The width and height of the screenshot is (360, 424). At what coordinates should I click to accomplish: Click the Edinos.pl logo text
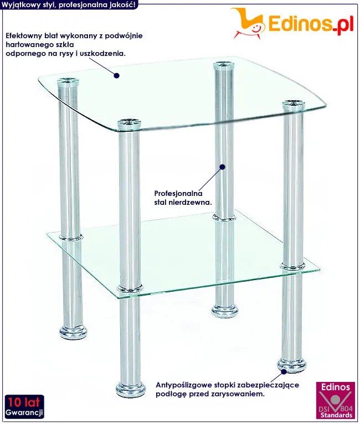coord(311,24)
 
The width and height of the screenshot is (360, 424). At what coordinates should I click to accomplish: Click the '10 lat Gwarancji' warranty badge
coord(24,406)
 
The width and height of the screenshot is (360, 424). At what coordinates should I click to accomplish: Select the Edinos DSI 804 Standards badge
coord(336,400)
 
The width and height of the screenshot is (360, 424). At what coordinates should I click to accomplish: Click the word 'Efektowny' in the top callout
coord(23,35)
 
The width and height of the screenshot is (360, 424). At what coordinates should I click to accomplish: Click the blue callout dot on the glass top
coord(116,75)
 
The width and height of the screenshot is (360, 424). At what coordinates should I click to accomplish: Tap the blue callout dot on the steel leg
coord(222,167)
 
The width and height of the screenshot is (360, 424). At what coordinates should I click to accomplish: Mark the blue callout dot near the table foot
coord(284,371)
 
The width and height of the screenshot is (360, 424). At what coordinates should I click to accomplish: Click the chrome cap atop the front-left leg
coord(129,123)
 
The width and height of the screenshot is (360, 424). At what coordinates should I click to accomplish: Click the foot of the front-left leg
coord(131,389)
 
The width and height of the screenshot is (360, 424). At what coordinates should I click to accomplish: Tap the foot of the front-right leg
coord(292,365)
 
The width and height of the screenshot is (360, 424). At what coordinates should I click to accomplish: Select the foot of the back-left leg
coord(73,332)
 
